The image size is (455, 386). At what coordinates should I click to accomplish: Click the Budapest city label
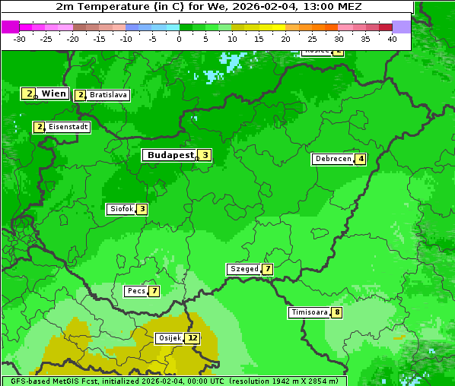click(170, 155)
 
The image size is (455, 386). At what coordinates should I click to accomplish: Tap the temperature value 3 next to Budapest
click(205, 155)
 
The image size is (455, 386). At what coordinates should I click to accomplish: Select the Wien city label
click(53, 93)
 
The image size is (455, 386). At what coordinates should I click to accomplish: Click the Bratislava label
click(107, 95)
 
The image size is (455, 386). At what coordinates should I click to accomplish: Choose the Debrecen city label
click(332, 159)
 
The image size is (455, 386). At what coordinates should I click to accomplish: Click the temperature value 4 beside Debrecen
click(361, 159)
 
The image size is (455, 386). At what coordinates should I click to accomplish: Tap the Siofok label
click(122, 209)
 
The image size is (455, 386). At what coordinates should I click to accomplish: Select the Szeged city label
click(244, 269)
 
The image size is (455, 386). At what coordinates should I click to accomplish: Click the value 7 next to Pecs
click(154, 291)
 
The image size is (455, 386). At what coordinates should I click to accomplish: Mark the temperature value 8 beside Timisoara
click(337, 312)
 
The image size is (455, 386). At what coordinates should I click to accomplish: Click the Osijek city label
click(170, 338)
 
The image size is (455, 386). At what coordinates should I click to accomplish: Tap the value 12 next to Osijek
click(192, 338)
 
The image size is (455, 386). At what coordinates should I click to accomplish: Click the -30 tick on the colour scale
click(20, 39)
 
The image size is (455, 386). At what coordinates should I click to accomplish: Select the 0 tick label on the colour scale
click(180, 39)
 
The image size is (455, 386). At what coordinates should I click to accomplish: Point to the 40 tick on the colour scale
click(392, 39)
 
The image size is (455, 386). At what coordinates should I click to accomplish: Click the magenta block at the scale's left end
click(11, 27)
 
